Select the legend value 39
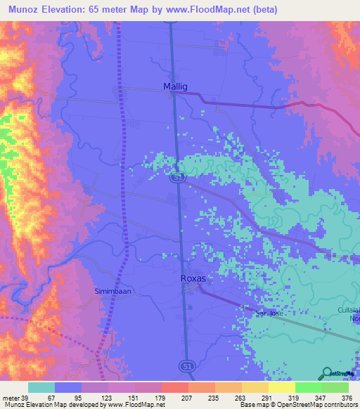25,397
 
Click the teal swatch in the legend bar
41,387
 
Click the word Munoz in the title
24,10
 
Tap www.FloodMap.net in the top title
208,10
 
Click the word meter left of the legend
10,397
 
